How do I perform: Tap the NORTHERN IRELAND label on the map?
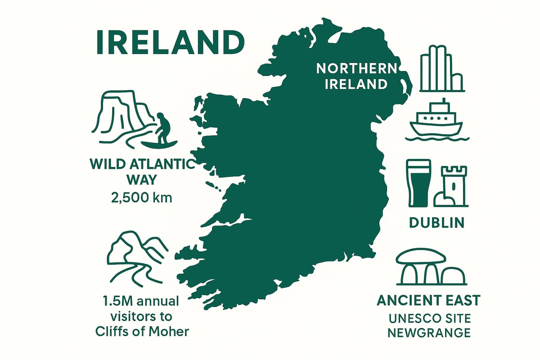(356, 76)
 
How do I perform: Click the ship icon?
(437, 119)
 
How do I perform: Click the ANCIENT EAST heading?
(429, 300)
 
